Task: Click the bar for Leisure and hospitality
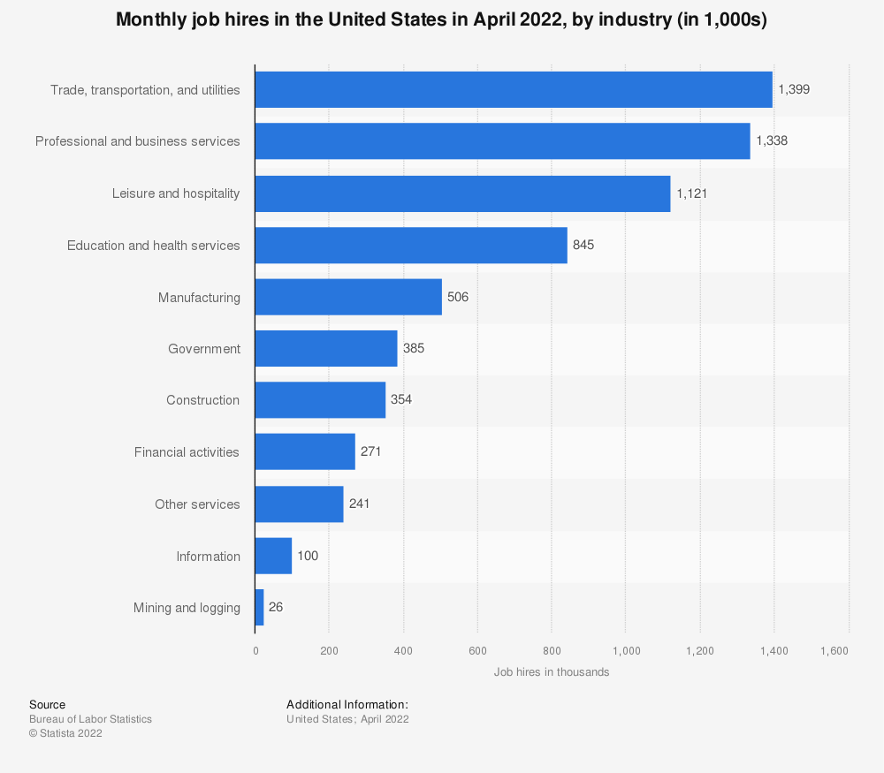[x=462, y=193]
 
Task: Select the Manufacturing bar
[x=348, y=297]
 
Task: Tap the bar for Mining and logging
[x=259, y=608]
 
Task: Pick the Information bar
[x=273, y=556]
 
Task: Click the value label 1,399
[x=794, y=89]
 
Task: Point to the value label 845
[x=583, y=245]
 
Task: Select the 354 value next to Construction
[x=401, y=399]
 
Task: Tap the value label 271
[x=370, y=451]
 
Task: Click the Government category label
[x=204, y=349]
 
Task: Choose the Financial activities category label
[x=187, y=452]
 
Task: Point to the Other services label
[x=197, y=504]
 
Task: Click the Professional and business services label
[x=137, y=141]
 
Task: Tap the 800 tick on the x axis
[x=552, y=651]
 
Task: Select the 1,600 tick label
[x=834, y=651]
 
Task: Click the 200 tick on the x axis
[x=329, y=651]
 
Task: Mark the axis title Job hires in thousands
[x=552, y=672]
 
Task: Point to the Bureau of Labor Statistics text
[x=90, y=719]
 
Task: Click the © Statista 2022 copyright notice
[x=65, y=733]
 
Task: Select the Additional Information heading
[x=347, y=704]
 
